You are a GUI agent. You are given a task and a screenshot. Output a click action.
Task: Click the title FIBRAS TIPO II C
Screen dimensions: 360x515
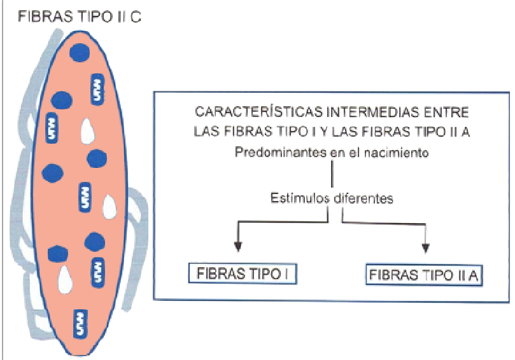tap(80, 15)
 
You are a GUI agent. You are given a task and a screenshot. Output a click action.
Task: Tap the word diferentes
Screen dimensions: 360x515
tap(363, 198)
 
